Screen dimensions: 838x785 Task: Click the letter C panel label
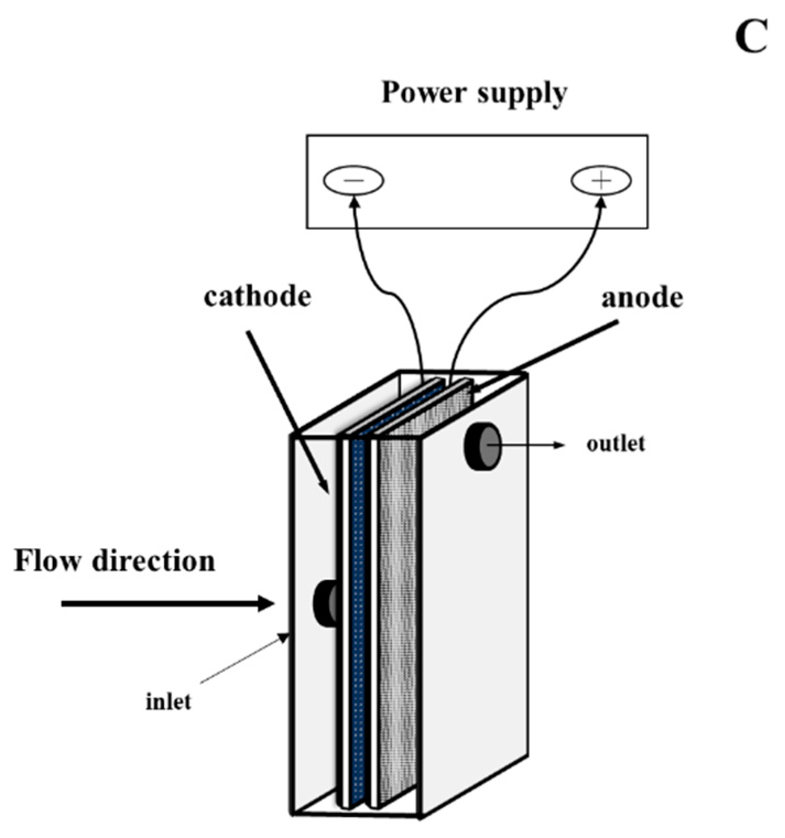[x=751, y=39]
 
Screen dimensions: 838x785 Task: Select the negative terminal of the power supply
[x=353, y=180]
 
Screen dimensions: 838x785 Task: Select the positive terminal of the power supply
[x=601, y=180]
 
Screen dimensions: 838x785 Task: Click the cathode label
[x=257, y=297]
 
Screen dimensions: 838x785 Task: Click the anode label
[x=642, y=298]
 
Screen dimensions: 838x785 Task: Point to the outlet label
[x=615, y=444]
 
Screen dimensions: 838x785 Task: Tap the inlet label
[x=168, y=702]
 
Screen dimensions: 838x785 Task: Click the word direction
[x=154, y=561]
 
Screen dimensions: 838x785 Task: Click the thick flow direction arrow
[x=165, y=604]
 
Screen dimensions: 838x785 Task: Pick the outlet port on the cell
[x=483, y=446]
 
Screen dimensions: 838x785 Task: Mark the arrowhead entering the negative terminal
[x=355, y=203]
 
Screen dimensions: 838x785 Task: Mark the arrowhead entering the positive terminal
[x=601, y=203]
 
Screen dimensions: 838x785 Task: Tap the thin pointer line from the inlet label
[x=242, y=659]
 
